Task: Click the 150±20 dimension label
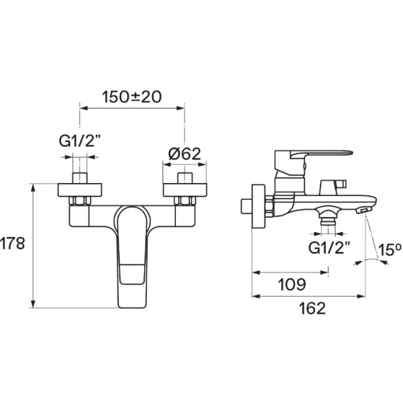click(x=132, y=97)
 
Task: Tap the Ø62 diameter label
click(x=184, y=154)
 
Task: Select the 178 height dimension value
click(x=12, y=243)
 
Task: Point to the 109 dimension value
click(x=292, y=285)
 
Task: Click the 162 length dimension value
click(x=312, y=309)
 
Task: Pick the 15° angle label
click(x=390, y=250)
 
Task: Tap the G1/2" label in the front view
click(x=79, y=141)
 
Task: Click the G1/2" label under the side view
click(x=329, y=248)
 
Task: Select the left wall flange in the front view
click(x=79, y=190)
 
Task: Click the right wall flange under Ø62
click(x=185, y=190)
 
